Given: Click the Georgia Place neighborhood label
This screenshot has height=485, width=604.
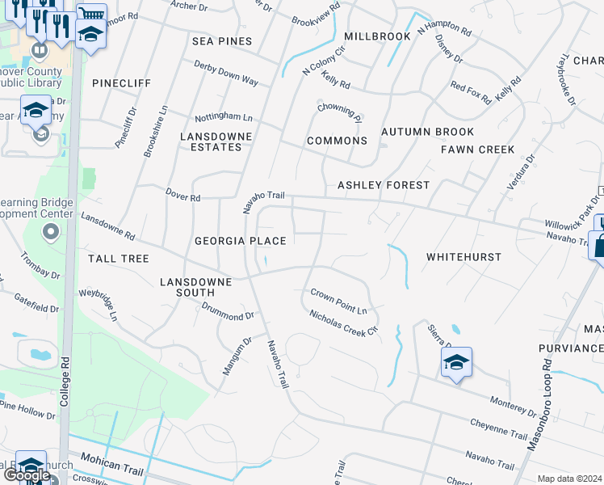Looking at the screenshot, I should tap(240, 241).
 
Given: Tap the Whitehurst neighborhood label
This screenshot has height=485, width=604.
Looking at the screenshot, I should tap(463, 257).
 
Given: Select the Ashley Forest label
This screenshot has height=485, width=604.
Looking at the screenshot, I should tap(384, 185).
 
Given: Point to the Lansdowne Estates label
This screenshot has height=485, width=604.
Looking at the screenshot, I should tap(216, 141).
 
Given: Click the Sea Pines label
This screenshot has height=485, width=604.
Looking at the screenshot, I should tap(222, 41).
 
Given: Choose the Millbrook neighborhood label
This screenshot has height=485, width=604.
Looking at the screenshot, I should tap(377, 37).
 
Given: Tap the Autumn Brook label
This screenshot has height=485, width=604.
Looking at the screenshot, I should tap(427, 132).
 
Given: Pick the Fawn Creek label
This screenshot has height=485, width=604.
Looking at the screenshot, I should tap(477, 150).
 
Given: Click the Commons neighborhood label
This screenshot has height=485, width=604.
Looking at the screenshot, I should tap(337, 141).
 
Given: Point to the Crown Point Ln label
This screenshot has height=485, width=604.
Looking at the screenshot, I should tap(339, 301).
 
